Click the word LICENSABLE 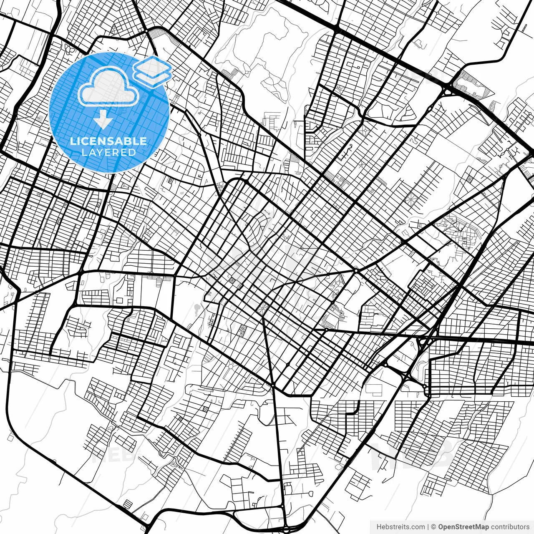coord(108,141)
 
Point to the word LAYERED coord(108,152)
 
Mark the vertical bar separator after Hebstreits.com coord(428,527)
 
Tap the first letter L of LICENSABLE coord(73,141)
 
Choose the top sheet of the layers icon coord(152,66)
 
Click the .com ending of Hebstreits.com coord(418,527)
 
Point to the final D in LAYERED coord(133,152)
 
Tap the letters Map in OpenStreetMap coord(482,527)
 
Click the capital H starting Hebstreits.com coord(379,527)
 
